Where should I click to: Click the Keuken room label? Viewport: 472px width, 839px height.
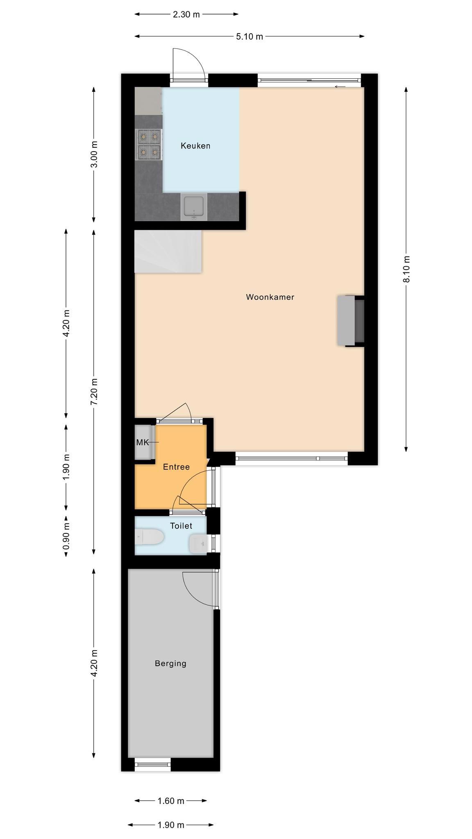pos(195,146)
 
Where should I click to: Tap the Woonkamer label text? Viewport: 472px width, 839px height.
pos(270,297)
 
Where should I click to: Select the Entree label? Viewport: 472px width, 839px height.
pos(176,467)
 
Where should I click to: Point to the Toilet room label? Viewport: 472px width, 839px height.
pos(181,526)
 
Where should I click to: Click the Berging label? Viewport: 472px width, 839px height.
pos(170,663)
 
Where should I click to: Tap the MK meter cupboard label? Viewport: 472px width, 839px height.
pos(143,442)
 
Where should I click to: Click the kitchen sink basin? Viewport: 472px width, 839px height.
pos(194,207)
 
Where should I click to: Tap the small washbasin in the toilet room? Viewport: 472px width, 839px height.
pos(199,544)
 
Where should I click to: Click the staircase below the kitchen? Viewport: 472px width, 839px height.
pos(168,251)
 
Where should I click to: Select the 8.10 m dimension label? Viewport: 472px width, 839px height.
pos(406,269)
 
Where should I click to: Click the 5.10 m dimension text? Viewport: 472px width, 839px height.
pos(250,36)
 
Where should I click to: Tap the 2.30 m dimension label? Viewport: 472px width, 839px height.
pos(186,15)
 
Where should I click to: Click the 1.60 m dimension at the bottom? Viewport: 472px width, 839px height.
pos(171,800)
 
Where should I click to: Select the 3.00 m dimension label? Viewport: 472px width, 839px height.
pos(94,154)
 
